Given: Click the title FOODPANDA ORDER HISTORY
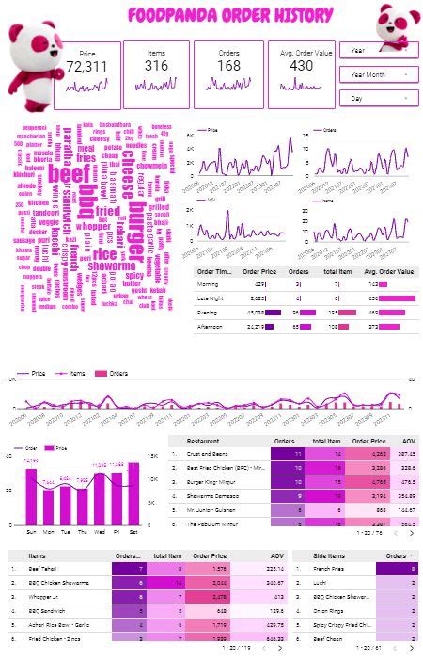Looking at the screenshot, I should [229, 15].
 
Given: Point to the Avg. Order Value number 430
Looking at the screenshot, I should [301, 67].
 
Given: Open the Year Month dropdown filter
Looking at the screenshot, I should [379, 73].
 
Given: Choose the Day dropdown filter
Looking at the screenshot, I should [379, 98].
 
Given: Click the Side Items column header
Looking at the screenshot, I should [320, 555].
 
